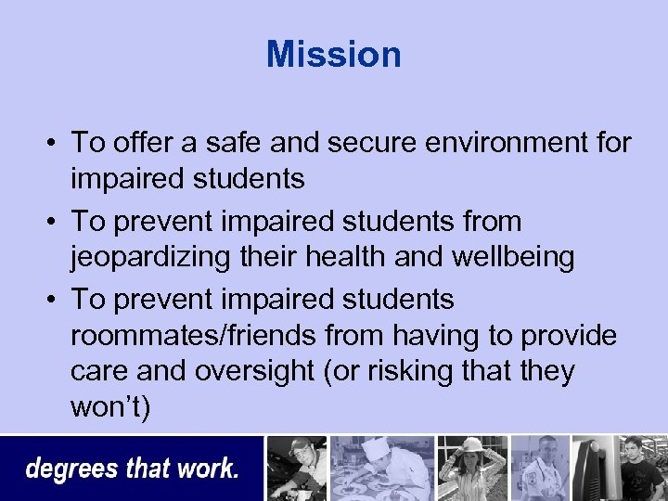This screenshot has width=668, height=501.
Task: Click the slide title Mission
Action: tap(333, 54)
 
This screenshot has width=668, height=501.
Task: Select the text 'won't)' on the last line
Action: tap(109, 407)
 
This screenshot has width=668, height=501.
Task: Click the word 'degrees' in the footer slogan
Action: tap(71, 469)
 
